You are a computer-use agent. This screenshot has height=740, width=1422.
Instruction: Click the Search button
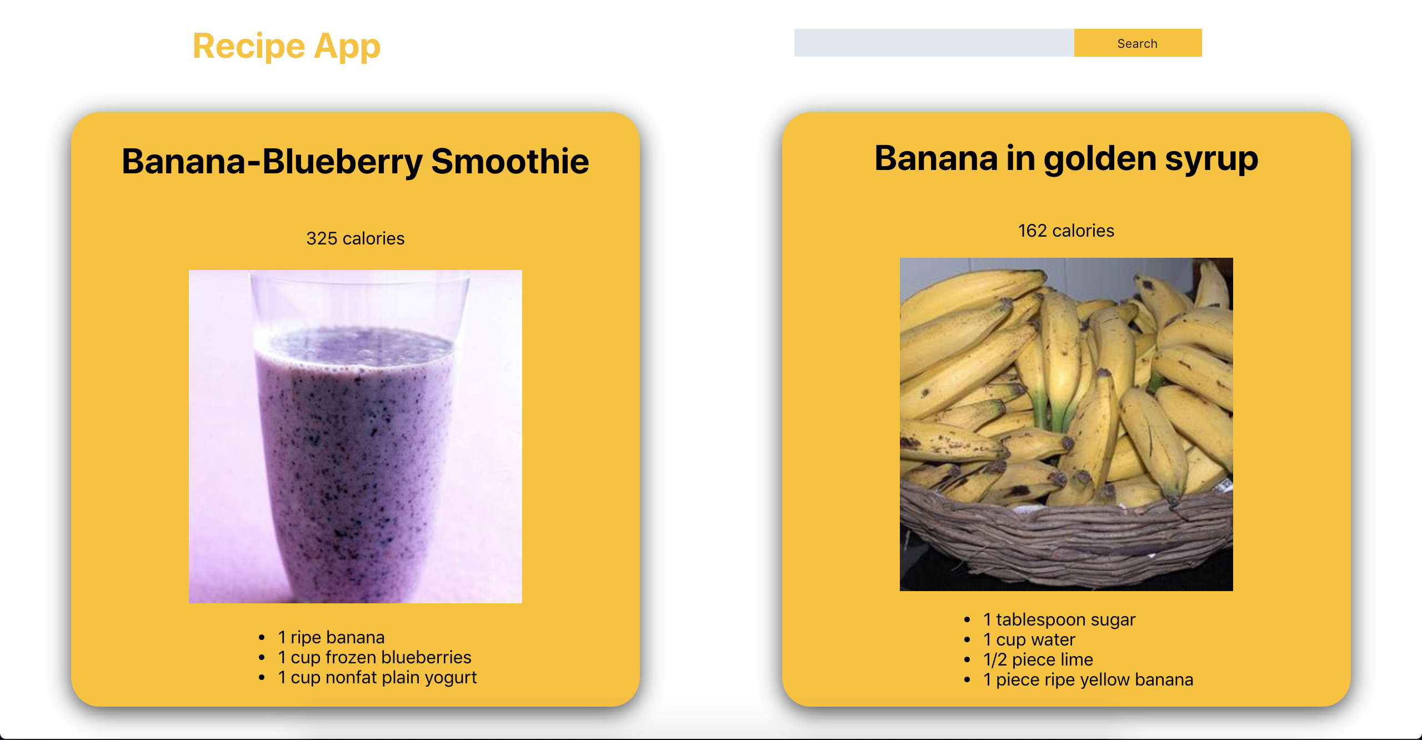coord(1138,43)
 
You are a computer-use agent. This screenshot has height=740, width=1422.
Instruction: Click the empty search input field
coord(934,43)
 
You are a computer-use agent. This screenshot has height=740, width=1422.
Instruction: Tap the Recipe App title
coord(287,47)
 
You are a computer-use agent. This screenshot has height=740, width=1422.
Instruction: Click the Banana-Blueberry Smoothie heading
coord(355,162)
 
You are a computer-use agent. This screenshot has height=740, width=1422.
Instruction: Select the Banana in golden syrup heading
coord(1066,159)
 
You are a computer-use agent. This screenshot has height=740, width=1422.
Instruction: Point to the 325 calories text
coord(355,238)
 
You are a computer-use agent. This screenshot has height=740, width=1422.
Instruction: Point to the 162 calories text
coord(1066,231)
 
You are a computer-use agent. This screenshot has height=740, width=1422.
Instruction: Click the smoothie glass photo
coord(355,437)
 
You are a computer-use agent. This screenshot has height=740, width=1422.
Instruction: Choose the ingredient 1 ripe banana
coord(331,637)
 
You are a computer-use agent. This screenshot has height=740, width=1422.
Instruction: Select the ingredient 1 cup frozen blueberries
coord(374,657)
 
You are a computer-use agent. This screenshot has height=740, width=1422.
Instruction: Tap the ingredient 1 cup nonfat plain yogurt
coord(377,678)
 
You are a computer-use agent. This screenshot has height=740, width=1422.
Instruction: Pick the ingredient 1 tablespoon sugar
coord(1059,619)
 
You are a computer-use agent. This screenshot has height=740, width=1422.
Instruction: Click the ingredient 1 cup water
coord(1029,639)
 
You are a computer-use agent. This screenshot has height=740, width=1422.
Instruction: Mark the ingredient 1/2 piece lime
coord(1038,659)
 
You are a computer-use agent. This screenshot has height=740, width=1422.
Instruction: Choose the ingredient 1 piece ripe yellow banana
coord(1088,679)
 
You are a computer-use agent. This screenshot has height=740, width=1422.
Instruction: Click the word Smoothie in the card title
coord(510,162)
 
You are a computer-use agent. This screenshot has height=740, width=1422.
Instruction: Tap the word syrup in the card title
coord(1211,160)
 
